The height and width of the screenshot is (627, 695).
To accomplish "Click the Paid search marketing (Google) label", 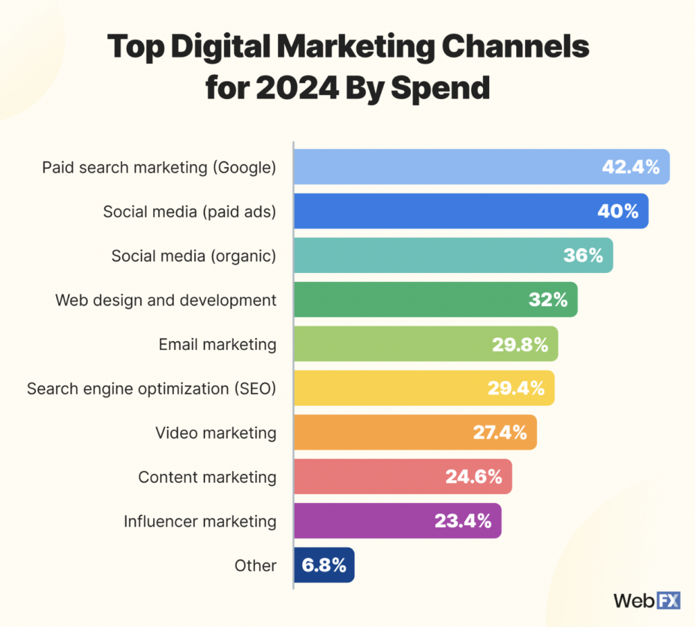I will click(x=159, y=167).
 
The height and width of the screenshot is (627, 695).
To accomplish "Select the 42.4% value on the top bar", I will click(x=630, y=167).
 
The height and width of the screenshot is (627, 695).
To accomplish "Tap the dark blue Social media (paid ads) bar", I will click(x=445, y=211).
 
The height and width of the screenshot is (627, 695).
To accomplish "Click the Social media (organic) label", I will click(x=194, y=256).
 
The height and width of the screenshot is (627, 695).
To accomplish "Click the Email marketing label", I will click(x=217, y=345).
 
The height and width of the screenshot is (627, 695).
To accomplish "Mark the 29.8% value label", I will click(x=520, y=345).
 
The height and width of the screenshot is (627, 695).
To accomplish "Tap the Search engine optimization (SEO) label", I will click(x=152, y=388).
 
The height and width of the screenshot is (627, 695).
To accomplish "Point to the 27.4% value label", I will click(x=499, y=433).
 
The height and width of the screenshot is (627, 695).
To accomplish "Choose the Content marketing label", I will click(x=207, y=477).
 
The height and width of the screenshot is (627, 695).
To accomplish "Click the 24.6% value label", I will click(x=473, y=477).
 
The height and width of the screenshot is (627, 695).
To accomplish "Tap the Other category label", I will click(x=255, y=566).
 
